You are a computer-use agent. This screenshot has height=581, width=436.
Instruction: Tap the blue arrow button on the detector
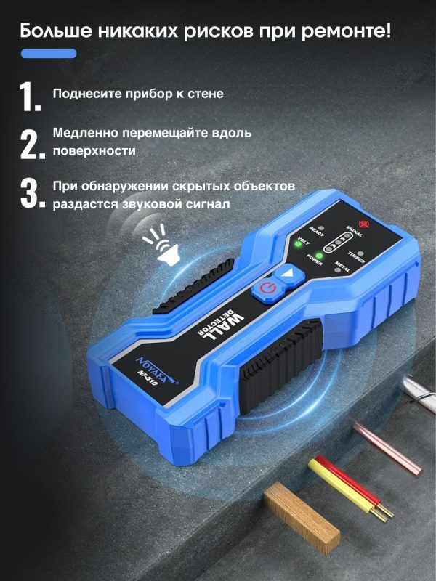coord(289,275)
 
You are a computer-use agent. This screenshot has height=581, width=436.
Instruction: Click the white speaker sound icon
coord(161,245)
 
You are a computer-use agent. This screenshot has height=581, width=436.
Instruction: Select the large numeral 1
coord(30,97)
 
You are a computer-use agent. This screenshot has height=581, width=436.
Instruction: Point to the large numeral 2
coord(33,145)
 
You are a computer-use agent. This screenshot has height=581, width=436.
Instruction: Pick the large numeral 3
coord(33,193)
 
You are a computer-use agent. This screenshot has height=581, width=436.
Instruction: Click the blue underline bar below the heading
coord(49,53)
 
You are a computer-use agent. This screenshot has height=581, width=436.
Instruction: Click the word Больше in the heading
coord(56,31)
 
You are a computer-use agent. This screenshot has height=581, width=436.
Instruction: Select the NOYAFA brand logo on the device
coord(158,368)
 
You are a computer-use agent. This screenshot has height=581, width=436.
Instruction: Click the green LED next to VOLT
coord(297,244)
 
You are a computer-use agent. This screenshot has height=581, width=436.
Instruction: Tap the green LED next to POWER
coord(318,256)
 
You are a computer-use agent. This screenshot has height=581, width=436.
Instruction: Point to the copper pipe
coord(387,449)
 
